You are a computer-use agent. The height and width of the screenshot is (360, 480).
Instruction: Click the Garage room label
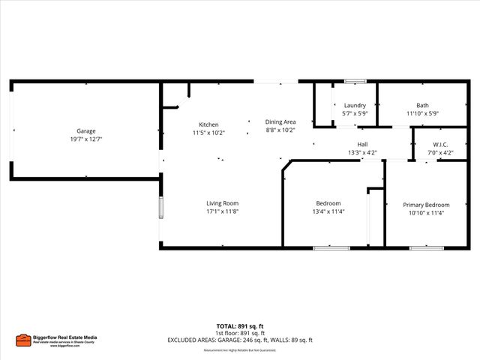(x=85, y=130)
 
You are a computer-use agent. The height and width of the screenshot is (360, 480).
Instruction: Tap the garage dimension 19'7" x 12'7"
(x=85, y=139)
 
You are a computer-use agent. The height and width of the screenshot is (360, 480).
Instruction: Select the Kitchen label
(x=208, y=124)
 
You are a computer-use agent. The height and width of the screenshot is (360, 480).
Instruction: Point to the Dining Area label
(x=280, y=121)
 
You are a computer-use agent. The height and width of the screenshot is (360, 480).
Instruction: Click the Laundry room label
(x=355, y=105)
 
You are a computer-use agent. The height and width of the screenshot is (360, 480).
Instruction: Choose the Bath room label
(x=422, y=105)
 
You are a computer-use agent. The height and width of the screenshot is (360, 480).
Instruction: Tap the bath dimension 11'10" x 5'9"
(x=422, y=113)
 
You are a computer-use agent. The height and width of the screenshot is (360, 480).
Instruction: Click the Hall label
(x=362, y=144)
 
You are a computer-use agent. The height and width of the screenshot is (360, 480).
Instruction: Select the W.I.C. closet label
(x=440, y=144)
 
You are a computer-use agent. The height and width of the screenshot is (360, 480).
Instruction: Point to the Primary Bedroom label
(x=427, y=205)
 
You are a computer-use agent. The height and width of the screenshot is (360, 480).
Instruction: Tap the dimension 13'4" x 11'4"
(x=328, y=211)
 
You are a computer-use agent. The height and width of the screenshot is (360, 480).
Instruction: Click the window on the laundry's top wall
(x=355, y=81)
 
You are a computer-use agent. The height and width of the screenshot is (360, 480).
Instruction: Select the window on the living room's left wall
(x=160, y=208)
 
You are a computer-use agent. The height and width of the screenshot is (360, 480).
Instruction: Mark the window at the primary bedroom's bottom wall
(x=426, y=247)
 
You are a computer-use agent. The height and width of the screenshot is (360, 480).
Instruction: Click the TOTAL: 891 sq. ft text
(x=240, y=326)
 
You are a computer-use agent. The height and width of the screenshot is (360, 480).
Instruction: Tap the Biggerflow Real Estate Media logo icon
(x=23, y=340)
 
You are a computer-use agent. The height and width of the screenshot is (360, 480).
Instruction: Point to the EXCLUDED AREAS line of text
(x=240, y=340)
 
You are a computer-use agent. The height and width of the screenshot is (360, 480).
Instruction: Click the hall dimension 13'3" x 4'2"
(x=362, y=152)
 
